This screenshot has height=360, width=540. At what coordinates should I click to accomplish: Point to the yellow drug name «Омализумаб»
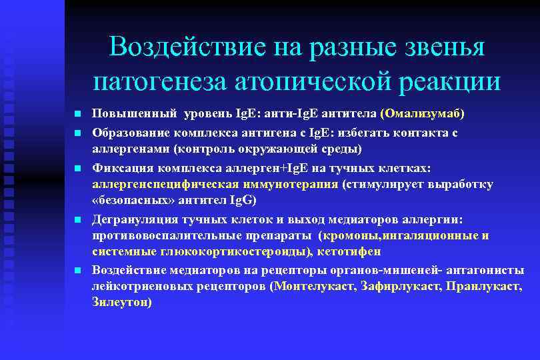(x=423, y=113)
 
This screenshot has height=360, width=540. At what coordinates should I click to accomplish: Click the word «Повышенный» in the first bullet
(x=123, y=113)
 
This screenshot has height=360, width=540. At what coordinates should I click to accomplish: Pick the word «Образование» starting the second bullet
(x=125, y=132)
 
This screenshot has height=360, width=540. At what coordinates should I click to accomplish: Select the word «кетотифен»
(x=350, y=251)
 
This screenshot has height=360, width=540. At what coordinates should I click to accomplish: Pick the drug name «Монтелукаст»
(x=313, y=286)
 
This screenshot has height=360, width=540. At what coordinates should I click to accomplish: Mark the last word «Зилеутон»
(x=119, y=302)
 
